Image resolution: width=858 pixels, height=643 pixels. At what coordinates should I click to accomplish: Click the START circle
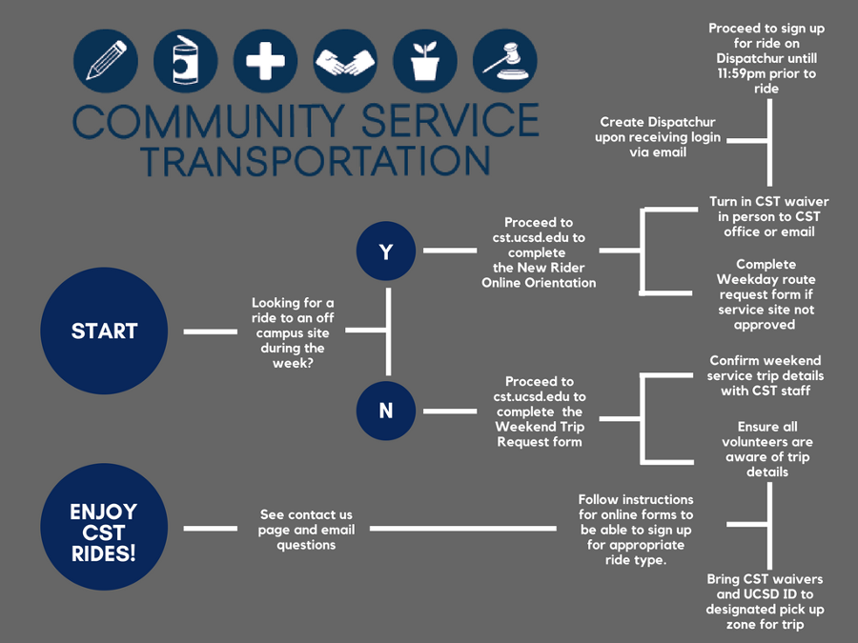pos(104,331)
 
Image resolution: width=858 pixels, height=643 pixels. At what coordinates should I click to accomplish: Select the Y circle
pos(386,251)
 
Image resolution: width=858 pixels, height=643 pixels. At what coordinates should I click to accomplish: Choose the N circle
pos(386,411)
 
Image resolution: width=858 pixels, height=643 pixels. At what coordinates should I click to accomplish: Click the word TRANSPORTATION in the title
pos(315,159)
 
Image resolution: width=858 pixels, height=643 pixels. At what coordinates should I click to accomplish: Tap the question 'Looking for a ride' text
pos(293,332)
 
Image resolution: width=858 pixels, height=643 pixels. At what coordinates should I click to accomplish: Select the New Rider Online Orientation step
pos(539,251)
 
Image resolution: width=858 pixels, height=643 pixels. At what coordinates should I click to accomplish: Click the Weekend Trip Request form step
pos(539,411)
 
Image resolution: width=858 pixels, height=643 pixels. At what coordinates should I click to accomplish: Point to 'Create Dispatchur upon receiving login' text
pos(658,137)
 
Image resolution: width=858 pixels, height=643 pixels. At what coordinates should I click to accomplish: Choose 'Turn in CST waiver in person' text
pos(768,216)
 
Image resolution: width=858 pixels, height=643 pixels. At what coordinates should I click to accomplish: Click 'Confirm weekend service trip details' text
pos(766,375)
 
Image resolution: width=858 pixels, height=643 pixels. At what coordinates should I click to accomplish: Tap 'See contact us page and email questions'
pos(306,530)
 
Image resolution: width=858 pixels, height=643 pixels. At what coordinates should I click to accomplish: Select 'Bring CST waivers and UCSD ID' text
pos(765,601)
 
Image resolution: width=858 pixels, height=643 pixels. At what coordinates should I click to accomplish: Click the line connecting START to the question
pos(211,332)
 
